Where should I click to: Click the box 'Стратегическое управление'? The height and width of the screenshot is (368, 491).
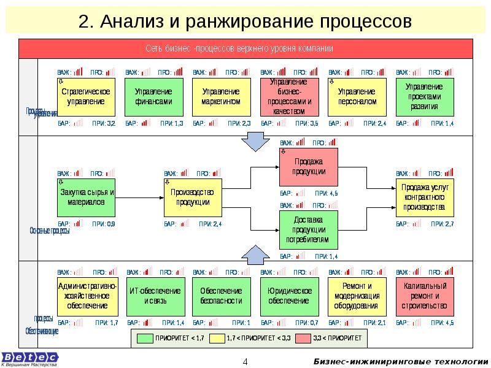[87, 98]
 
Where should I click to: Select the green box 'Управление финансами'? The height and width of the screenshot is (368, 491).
[154, 98]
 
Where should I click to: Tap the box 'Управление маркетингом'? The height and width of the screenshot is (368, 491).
[222, 98]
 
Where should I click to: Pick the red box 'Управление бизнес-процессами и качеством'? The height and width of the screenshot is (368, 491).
[290, 98]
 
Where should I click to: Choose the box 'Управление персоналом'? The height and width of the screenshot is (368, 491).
[357, 98]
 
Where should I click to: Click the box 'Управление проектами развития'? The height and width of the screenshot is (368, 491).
[425, 98]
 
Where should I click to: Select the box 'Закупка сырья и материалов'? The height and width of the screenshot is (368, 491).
[87, 197]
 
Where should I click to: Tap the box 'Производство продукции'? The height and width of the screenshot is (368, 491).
[193, 197]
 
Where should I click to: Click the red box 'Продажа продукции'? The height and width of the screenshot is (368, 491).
[309, 167]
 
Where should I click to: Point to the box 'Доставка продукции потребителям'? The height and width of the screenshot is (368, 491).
[309, 229]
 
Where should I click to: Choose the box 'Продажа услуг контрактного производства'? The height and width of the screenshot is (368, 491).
[424, 197]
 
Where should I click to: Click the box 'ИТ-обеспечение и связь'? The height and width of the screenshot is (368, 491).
[154, 296]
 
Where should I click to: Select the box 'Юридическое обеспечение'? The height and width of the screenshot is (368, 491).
[290, 296]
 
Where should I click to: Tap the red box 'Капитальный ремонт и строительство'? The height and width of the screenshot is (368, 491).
[425, 296]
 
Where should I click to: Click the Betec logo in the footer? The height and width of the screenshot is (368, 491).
[29, 358]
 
